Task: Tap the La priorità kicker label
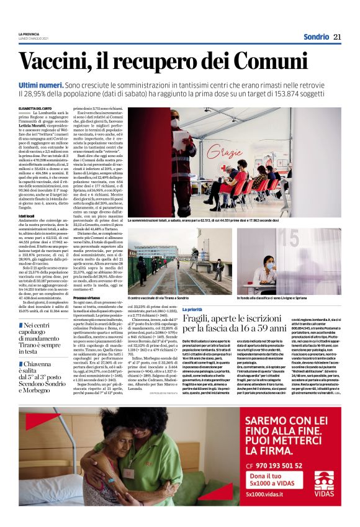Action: pyautogui.click(x=192, y=309)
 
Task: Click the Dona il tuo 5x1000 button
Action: pyautogui.click(x=272, y=479)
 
